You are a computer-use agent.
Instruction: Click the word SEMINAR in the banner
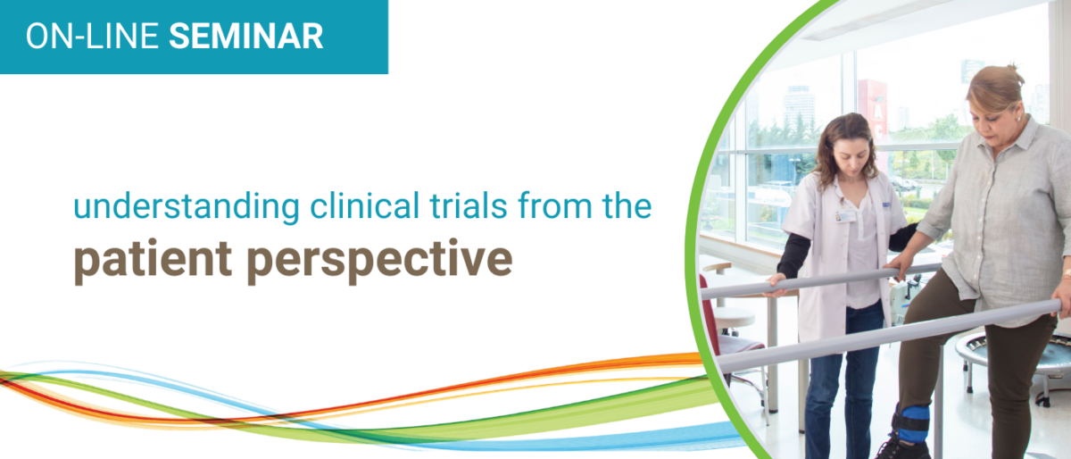pyautogui.click(x=245, y=36)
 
